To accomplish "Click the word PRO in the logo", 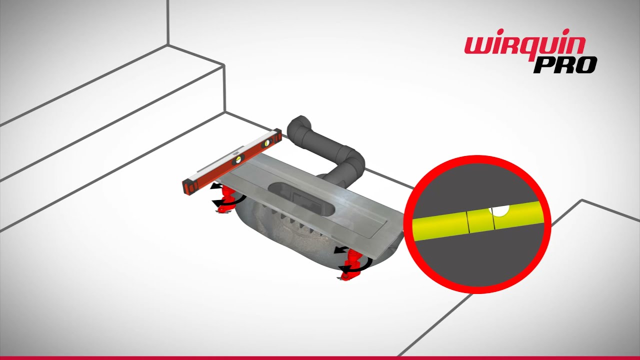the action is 565,65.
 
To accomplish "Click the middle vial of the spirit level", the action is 238,161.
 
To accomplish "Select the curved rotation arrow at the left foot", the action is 228,200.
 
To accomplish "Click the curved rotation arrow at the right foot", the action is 355,266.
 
